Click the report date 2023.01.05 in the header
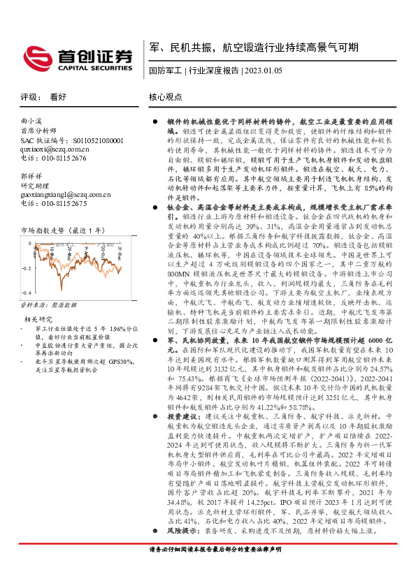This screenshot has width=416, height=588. (263, 71)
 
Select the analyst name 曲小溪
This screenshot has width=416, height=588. (31, 121)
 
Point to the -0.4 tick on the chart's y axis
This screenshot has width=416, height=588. (25, 293)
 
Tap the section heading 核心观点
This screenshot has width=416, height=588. (166, 97)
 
